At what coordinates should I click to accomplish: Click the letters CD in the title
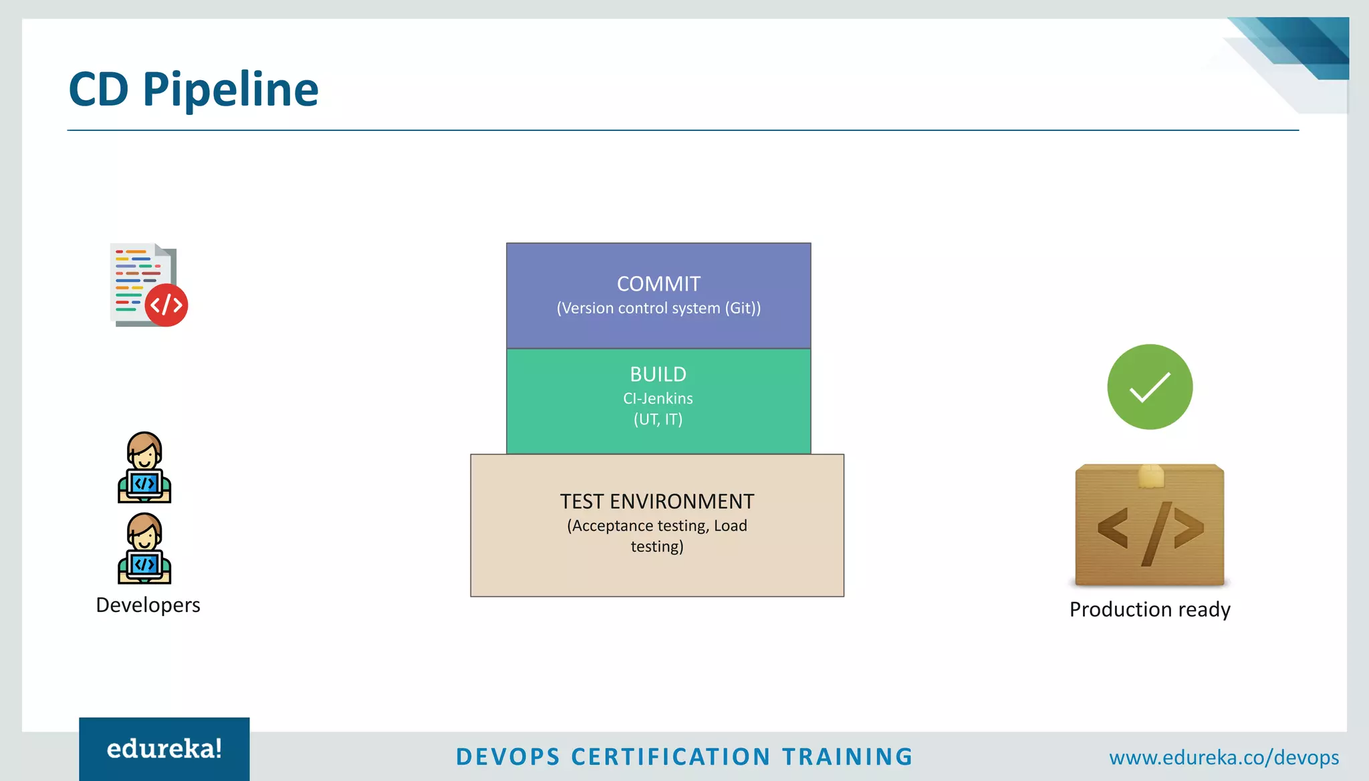tap(98, 90)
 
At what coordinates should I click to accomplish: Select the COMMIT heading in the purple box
tap(658, 284)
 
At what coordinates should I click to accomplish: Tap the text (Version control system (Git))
tap(658, 308)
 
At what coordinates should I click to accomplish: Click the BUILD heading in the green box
tap(658, 374)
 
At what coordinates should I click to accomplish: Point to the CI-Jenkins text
tap(658, 398)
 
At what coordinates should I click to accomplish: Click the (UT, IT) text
tap(658, 420)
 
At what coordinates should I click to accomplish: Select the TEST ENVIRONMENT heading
tap(656, 501)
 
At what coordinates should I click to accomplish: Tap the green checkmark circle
tap(1150, 387)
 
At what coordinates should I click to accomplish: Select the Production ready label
tap(1150, 609)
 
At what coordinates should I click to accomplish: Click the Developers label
tap(148, 605)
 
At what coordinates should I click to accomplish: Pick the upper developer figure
tap(144, 467)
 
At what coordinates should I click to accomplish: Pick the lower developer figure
tap(144, 549)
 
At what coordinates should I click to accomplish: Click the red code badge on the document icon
tap(166, 305)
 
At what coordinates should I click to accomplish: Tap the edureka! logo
tap(164, 749)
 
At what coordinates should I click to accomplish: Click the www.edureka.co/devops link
tap(1223, 758)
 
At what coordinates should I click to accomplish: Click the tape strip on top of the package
tap(1151, 476)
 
